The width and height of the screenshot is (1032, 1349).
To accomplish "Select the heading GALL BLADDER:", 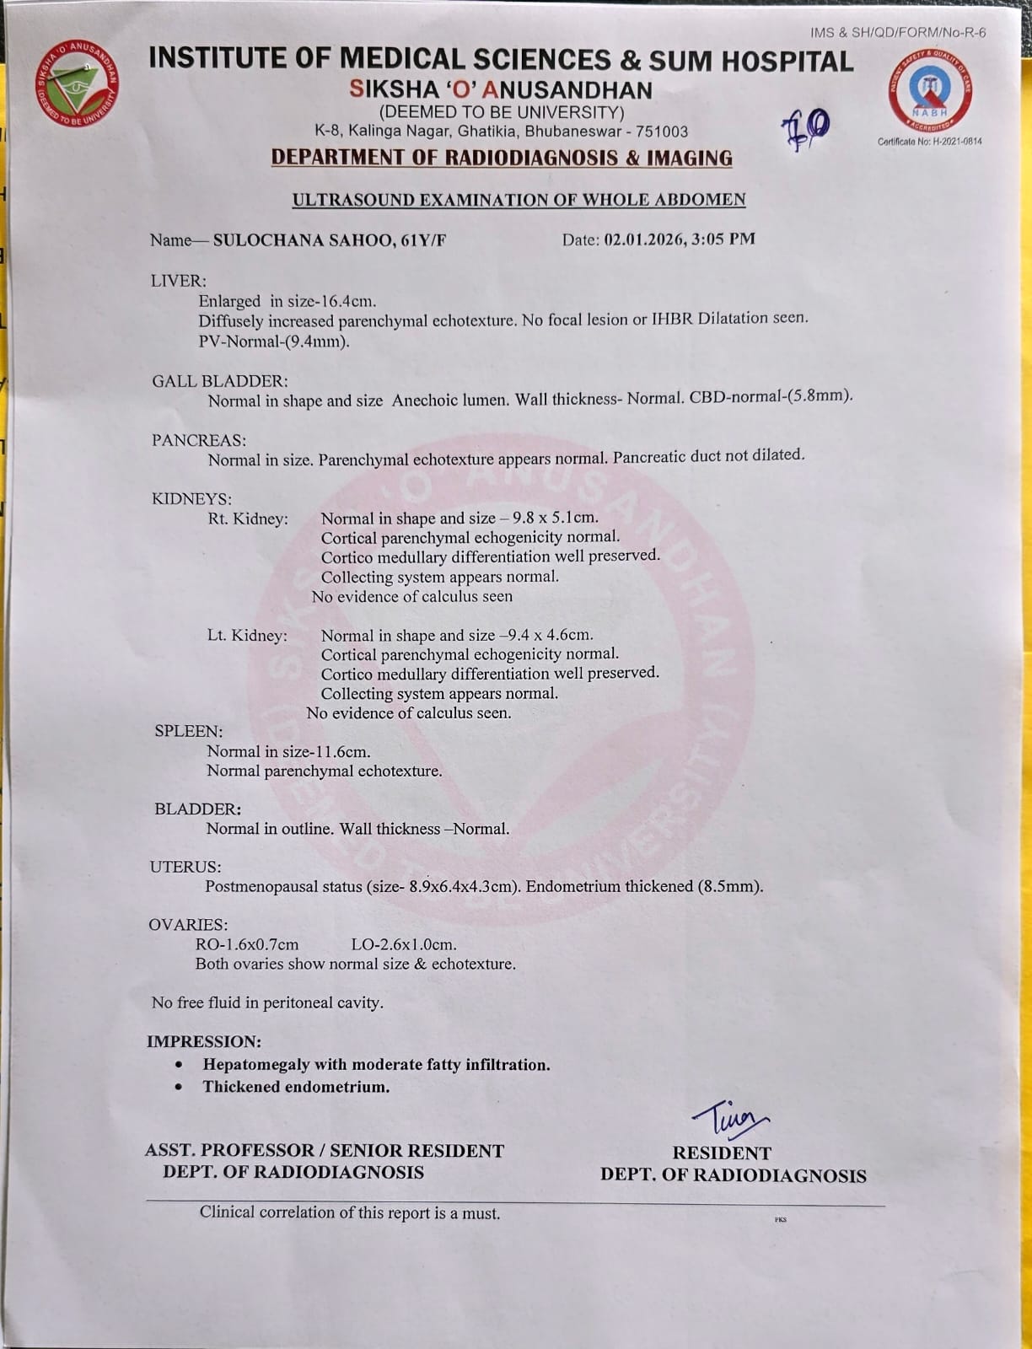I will coord(220,382).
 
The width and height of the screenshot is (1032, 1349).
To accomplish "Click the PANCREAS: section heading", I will coord(199,440).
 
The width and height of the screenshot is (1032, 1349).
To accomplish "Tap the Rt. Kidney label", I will coord(248,519).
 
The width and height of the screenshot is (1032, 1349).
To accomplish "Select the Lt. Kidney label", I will coord(247,635).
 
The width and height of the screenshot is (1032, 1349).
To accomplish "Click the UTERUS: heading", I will coord(185,867).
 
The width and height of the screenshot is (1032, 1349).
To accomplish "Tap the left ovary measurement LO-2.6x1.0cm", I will coord(404,944).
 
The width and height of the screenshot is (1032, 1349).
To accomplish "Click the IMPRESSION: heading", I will coord(204,1041).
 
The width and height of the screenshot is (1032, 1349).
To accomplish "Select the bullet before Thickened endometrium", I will coord(178,1087).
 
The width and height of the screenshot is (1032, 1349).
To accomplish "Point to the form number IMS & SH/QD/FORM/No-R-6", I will coord(898,33).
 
